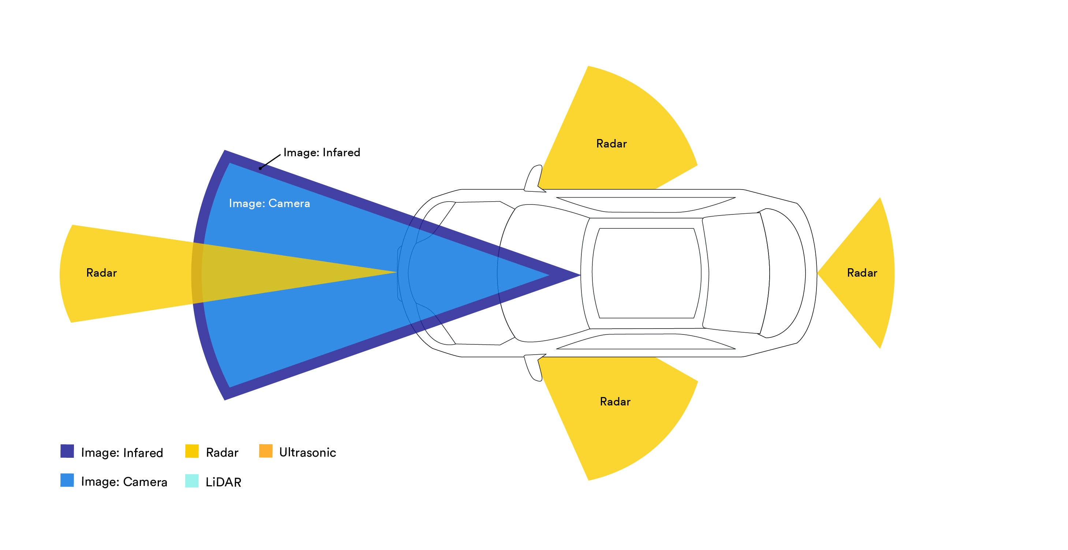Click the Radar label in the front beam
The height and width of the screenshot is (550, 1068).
101,273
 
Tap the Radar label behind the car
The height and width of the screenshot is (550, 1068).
862,273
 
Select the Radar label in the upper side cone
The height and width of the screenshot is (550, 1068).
611,143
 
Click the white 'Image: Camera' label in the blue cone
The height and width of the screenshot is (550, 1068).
269,203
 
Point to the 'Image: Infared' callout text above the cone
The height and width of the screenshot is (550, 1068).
321,152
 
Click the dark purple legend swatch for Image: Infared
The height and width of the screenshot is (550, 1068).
67,451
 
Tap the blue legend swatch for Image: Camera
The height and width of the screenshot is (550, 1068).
67,480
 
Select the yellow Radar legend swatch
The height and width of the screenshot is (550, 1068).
191,451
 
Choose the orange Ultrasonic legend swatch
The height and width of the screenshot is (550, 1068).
265,451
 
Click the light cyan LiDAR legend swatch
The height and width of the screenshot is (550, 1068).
191,481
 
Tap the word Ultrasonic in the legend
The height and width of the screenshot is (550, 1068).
307,452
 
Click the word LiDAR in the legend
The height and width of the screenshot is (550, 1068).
223,482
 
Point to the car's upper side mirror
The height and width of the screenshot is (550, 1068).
533,179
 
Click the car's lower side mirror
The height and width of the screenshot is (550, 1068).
533,367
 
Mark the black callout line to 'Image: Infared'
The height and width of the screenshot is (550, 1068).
270,161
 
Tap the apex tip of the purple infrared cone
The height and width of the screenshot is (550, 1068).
577,274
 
